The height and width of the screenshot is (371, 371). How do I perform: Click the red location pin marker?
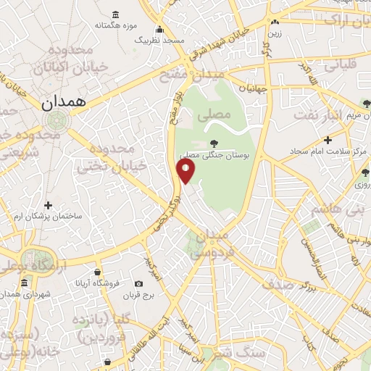[x=185, y=170]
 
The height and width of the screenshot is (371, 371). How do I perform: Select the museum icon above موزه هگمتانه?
[x=116, y=14]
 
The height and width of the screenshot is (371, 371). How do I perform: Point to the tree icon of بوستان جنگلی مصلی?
[x=212, y=143]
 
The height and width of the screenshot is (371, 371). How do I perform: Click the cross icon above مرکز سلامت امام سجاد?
[x=328, y=139]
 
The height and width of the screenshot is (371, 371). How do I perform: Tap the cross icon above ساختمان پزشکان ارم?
[x=49, y=205]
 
